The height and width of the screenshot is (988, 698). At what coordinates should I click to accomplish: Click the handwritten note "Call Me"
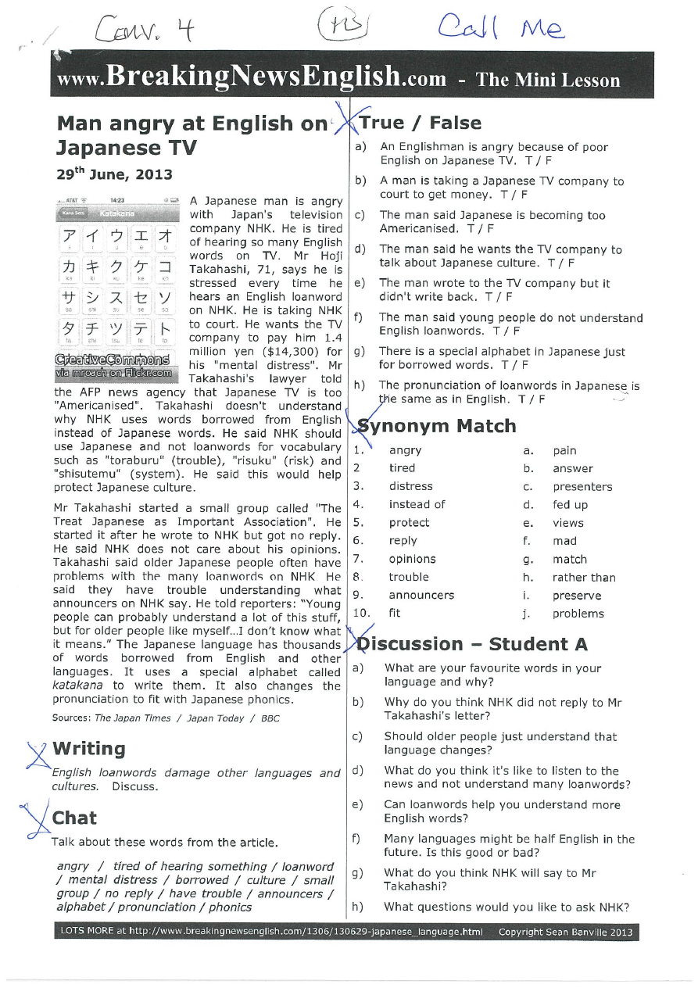click(x=500, y=28)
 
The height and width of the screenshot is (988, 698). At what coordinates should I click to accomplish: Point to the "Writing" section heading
click(x=88, y=749)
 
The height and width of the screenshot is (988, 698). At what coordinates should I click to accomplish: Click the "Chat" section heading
click(x=74, y=818)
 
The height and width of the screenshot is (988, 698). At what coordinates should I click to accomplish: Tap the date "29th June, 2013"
click(x=115, y=174)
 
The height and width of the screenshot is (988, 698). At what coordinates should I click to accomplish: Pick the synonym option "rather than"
click(x=583, y=578)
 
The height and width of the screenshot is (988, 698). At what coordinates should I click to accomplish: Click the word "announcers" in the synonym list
click(x=421, y=595)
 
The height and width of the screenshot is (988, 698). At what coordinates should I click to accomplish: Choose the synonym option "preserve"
click(x=577, y=596)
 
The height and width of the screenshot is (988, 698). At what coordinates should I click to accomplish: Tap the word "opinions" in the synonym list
click(x=412, y=559)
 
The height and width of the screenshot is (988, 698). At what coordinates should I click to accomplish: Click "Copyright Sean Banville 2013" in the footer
click(x=565, y=932)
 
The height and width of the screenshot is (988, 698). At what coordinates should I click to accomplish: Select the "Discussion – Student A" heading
click(x=471, y=644)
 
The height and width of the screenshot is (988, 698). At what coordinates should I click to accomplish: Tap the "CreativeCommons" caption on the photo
click(x=114, y=360)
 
